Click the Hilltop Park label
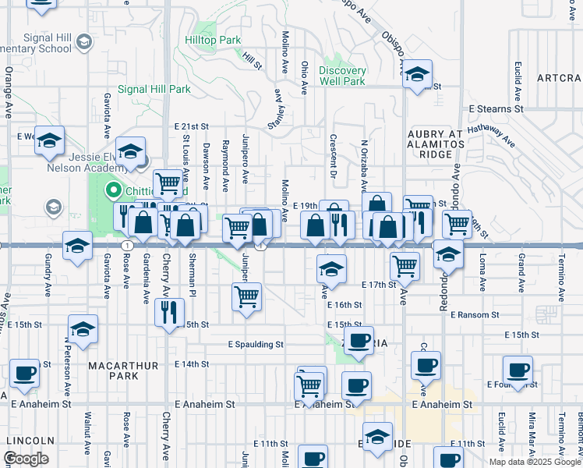[213, 39]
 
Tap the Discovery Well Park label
[342, 76]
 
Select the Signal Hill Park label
[154, 89]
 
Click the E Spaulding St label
[256, 344]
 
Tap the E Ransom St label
[472, 314]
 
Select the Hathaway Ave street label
[491, 137]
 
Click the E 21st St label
[192, 126]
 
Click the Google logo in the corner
[26, 459]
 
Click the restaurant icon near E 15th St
[169, 313]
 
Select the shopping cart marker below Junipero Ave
[247, 296]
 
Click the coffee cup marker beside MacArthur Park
[24, 373]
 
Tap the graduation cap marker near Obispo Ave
[418, 74]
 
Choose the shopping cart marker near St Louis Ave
[168, 183]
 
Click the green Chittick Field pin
[113, 190]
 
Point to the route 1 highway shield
[125, 245]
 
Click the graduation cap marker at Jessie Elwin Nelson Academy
[130, 151]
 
